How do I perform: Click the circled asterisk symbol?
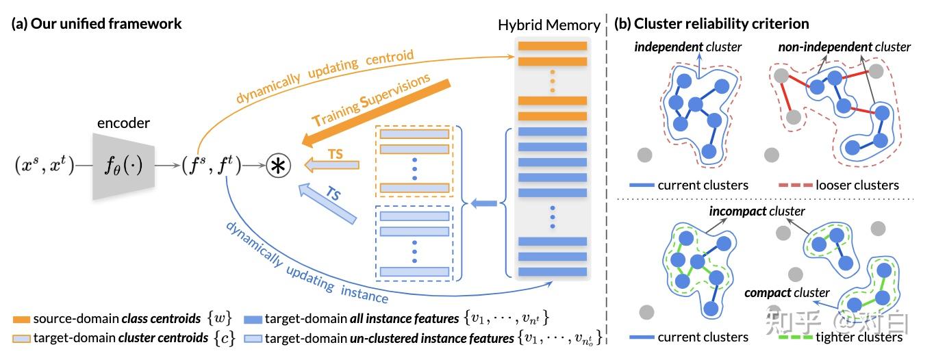click(x=275, y=167)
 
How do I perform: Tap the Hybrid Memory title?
click(x=549, y=25)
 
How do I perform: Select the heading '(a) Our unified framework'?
click(x=97, y=24)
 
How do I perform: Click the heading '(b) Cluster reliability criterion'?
click(x=711, y=24)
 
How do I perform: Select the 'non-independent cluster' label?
click(x=844, y=47)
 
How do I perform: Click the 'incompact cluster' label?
click(x=757, y=211)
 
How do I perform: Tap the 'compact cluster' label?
click(x=787, y=293)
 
